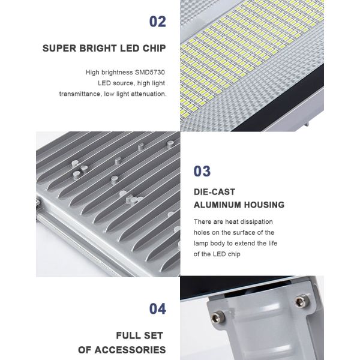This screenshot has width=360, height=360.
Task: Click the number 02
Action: coord(157,22)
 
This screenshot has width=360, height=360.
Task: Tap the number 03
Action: coord(202,171)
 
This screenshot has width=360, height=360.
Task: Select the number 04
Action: coord(157,309)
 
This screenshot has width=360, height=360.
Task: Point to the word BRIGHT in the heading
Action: coord(98,48)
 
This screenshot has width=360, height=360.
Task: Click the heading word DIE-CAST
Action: coord(214,192)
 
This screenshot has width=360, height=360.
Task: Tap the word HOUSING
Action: coord(264,205)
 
